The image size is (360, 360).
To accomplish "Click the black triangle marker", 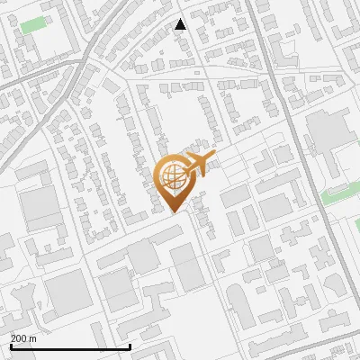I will point(181,24).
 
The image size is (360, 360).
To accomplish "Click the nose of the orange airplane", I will point(215,156).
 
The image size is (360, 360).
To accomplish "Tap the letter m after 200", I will point(33,338).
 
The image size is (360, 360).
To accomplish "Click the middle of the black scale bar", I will point(69,346).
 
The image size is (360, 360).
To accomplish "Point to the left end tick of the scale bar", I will point(10,345).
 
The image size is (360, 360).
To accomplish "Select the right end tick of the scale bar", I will point(130,345).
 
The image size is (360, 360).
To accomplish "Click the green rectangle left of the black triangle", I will point(32,24).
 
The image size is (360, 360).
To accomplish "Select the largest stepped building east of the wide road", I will point(328,135).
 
